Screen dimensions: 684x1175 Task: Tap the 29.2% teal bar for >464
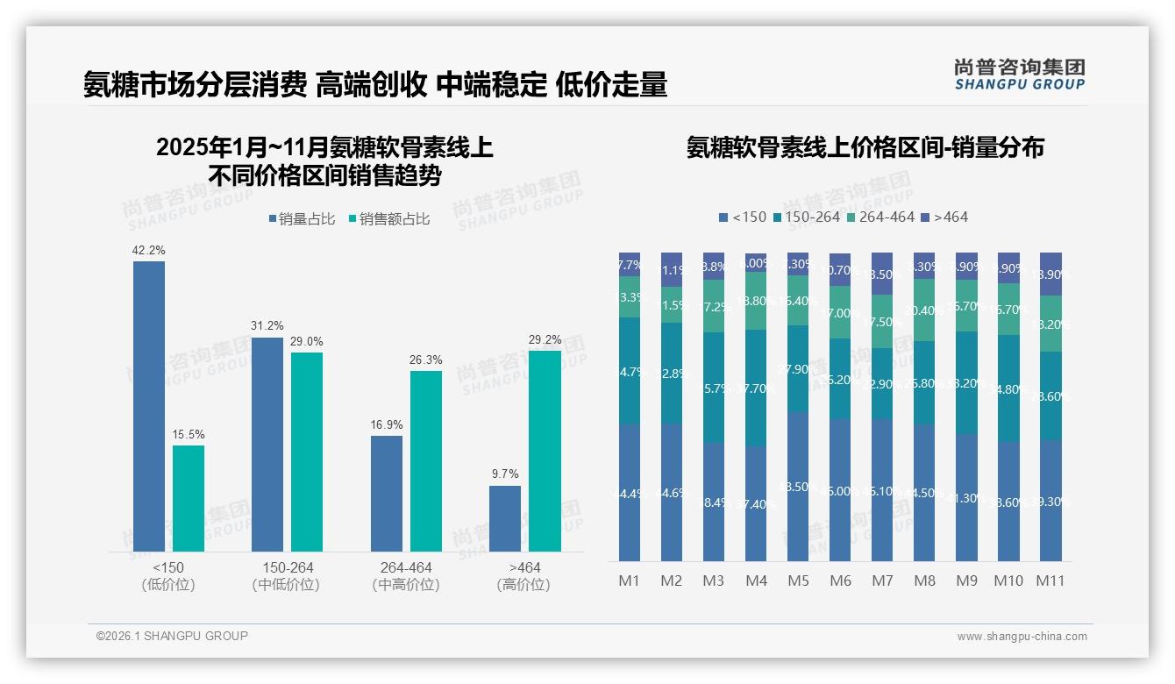click(x=545, y=451)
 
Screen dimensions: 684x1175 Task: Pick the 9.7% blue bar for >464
click(x=505, y=518)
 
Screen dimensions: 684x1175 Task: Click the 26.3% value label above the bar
click(x=426, y=360)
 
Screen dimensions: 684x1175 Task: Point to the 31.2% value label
click(x=267, y=326)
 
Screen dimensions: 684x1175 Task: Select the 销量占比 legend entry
click(x=302, y=219)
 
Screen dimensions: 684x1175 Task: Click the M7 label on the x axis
click(x=882, y=581)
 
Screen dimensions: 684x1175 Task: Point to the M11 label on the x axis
click(x=1050, y=581)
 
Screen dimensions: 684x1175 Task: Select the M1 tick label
click(x=630, y=581)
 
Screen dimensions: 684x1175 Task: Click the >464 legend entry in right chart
click(x=945, y=217)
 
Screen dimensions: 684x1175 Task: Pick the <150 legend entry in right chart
click(x=743, y=217)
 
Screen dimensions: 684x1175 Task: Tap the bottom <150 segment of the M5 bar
click(x=798, y=487)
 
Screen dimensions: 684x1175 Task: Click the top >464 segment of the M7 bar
click(x=882, y=274)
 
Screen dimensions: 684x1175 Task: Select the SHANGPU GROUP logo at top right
click(x=1020, y=75)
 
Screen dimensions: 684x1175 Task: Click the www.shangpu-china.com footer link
click(x=1022, y=637)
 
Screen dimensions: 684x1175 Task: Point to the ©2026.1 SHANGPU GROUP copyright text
click(x=172, y=636)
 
